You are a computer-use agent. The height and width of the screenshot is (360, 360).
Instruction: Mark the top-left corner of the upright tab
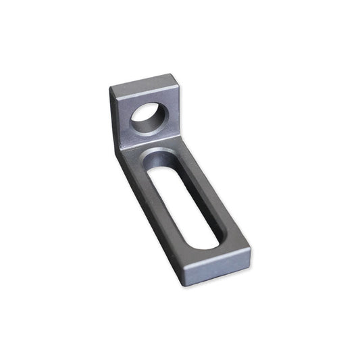111,86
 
